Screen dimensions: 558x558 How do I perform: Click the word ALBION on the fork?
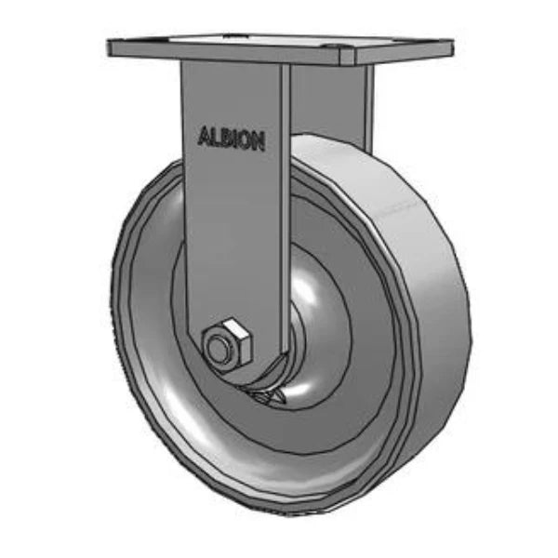232,139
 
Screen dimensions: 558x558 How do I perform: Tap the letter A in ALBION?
204,136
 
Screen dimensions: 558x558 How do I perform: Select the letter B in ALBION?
226,138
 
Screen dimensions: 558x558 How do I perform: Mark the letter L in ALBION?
215,137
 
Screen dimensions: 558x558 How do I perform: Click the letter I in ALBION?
235,139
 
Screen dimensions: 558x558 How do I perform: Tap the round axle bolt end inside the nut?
219,349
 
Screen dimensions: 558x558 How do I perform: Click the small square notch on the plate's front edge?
345,58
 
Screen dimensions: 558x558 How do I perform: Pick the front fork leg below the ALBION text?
232,242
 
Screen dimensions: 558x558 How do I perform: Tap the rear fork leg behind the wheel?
335,102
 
